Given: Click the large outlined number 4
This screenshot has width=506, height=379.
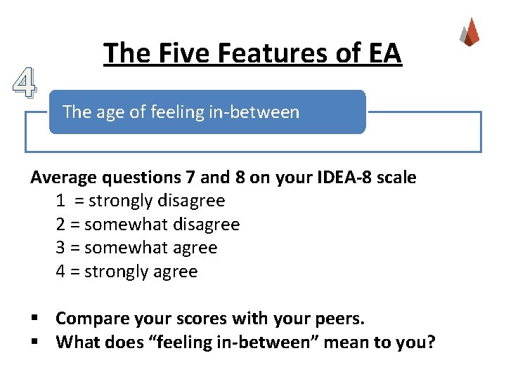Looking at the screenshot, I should click(24, 84).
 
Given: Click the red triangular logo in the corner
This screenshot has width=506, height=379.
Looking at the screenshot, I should click(469, 32).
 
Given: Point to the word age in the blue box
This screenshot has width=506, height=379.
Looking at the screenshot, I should click(106, 112).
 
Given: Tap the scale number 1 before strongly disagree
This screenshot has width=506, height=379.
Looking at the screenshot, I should click(61, 201).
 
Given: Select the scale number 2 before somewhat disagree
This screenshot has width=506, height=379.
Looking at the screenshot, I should click(61, 225).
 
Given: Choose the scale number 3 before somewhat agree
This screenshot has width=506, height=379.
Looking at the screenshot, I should click(61, 248).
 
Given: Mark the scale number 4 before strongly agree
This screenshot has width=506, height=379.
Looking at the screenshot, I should click(61, 272).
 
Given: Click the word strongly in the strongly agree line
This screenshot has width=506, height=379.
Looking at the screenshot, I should click(115, 272).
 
